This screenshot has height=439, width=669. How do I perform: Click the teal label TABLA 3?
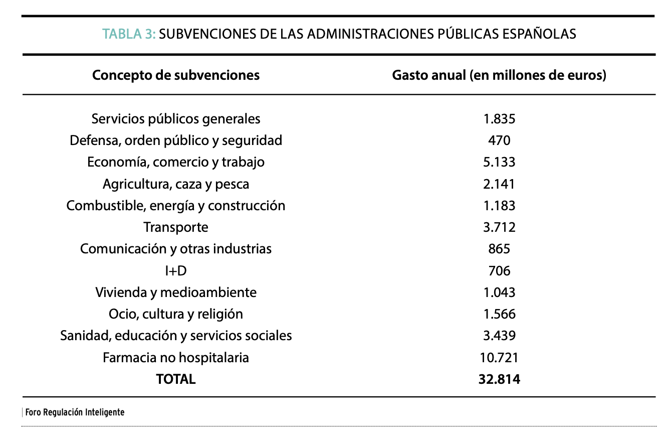click(x=129, y=34)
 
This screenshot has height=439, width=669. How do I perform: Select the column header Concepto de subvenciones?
click(x=176, y=75)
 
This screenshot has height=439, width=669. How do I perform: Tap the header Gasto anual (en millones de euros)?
click(x=499, y=75)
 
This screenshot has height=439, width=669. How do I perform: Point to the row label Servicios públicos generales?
click(x=176, y=119)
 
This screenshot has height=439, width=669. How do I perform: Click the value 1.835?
click(x=499, y=119)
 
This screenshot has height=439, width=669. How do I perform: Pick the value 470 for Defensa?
click(x=499, y=140)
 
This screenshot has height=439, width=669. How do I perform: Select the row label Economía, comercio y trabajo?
click(x=176, y=162)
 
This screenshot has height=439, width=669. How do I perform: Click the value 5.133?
click(x=499, y=162)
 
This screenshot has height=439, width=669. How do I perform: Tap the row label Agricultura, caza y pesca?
click(x=176, y=184)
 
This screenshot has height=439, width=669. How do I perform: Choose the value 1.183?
click(x=499, y=206)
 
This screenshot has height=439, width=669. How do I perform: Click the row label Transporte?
click(x=176, y=227)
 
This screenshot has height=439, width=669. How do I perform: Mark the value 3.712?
click(x=499, y=227)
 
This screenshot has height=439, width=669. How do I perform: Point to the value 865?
click(x=499, y=249)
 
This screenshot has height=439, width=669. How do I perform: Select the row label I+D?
click(x=176, y=271)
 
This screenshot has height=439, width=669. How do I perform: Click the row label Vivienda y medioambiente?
click(x=176, y=292)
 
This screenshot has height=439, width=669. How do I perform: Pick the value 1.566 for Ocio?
click(x=499, y=314)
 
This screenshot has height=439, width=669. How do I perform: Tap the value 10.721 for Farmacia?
click(x=499, y=358)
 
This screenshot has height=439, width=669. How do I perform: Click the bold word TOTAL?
click(x=176, y=379)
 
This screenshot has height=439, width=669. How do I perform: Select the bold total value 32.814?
click(x=499, y=379)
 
